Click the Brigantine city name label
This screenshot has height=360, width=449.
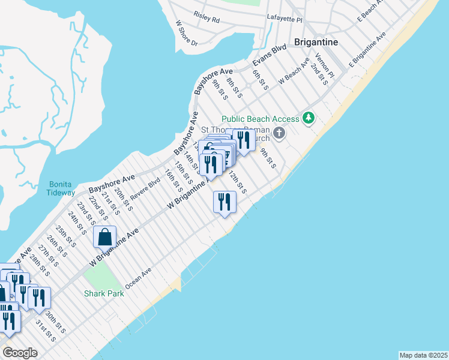pyautogui.click(x=316, y=42)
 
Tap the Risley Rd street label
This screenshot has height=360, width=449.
pyautogui.click(x=206, y=19)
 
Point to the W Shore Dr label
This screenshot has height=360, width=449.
pyautogui.click(x=187, y=33)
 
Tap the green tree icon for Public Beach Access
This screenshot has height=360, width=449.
pyautogui.click(x=309, y=118)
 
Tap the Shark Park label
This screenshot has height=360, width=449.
pyautogui.click(x=104, y=293)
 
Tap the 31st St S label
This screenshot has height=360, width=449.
pyautogui.click(x=46, y=331)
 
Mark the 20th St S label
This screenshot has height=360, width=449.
pyautogui.click(x=124, y=200)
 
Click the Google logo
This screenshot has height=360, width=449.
pyautogui.click(x=20, y=352)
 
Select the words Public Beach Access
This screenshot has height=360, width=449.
pyautogui.click(x=260, y=119)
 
